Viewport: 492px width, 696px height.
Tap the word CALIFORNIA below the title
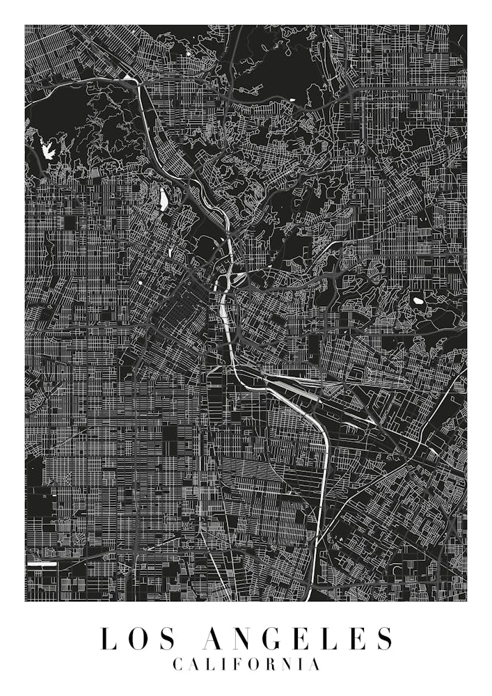[246, 665]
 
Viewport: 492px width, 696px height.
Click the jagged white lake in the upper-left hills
[48, 148]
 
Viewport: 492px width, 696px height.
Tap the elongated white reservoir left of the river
[164, 200]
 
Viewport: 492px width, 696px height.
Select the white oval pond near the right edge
[418, 301]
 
